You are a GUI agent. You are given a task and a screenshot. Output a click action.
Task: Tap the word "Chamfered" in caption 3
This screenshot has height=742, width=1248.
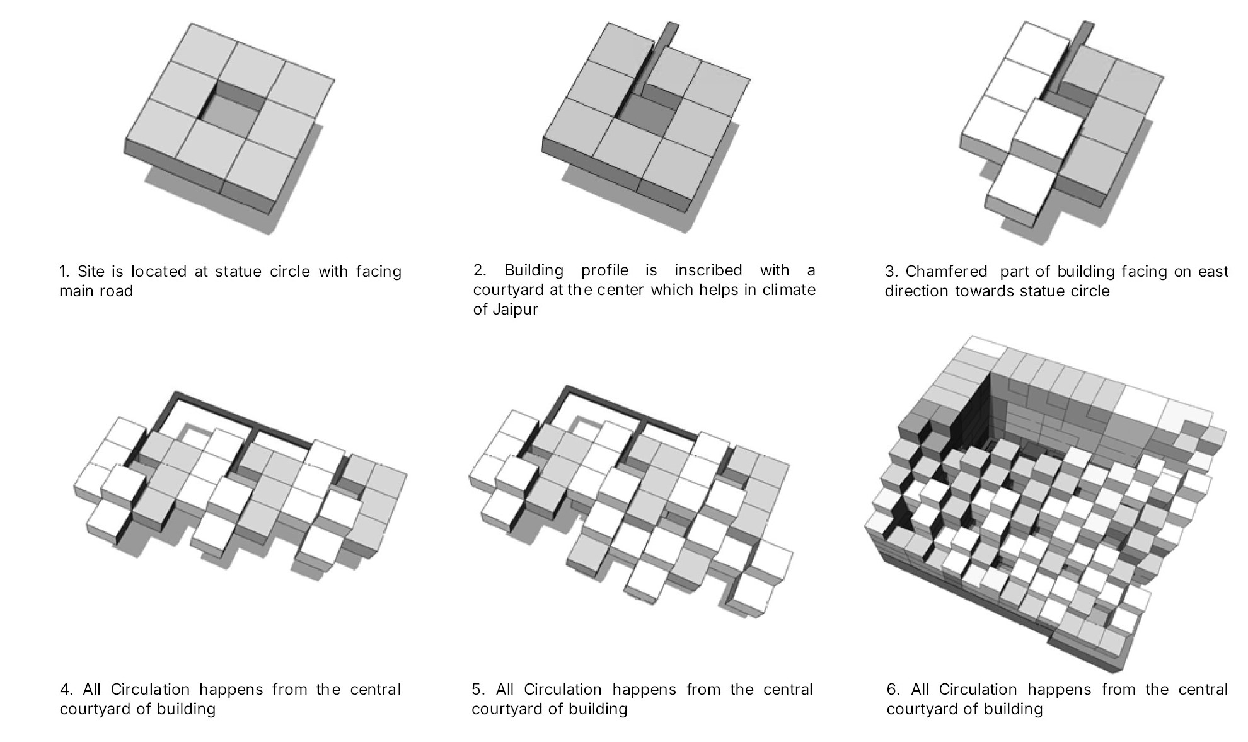(x=947, y=272)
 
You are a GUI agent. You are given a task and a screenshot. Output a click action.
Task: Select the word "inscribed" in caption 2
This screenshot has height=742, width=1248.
(x=708, y=270)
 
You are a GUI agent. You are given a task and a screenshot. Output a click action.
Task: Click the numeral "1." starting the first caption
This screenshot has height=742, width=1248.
(x=65, y=272)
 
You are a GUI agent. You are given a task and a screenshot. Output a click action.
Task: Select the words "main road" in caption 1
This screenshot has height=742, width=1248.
(x=96, y=291)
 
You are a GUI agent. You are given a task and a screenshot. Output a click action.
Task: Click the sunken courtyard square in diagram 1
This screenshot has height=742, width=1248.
(x=233, y=120)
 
